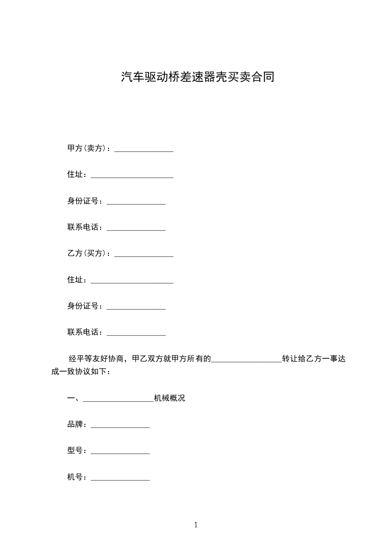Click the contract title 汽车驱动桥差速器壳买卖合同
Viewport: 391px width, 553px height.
(197, 77)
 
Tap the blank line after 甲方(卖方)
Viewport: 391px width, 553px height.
(144, 150)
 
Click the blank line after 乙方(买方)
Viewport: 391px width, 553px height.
(144, 255)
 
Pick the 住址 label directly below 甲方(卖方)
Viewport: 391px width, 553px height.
(77, 174)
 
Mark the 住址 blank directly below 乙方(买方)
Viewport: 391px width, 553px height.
(132, 281)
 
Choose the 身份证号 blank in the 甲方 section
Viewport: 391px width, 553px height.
(136, 203)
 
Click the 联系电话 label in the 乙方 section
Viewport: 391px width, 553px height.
(85, 332)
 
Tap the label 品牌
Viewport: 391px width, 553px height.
(77, 424)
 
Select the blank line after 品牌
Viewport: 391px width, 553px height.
(120, 426)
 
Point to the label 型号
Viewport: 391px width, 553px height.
(77, 450)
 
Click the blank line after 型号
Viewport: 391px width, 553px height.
(120, 452)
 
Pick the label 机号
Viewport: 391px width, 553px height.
(77, 477)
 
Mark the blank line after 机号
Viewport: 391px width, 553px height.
(120, 479)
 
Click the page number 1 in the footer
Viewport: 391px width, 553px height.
(196, 525)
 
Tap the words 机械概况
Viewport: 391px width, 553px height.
(170, 398)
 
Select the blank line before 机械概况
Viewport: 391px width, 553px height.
(118, 400)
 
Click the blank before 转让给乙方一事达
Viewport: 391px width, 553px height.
(247, 360)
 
